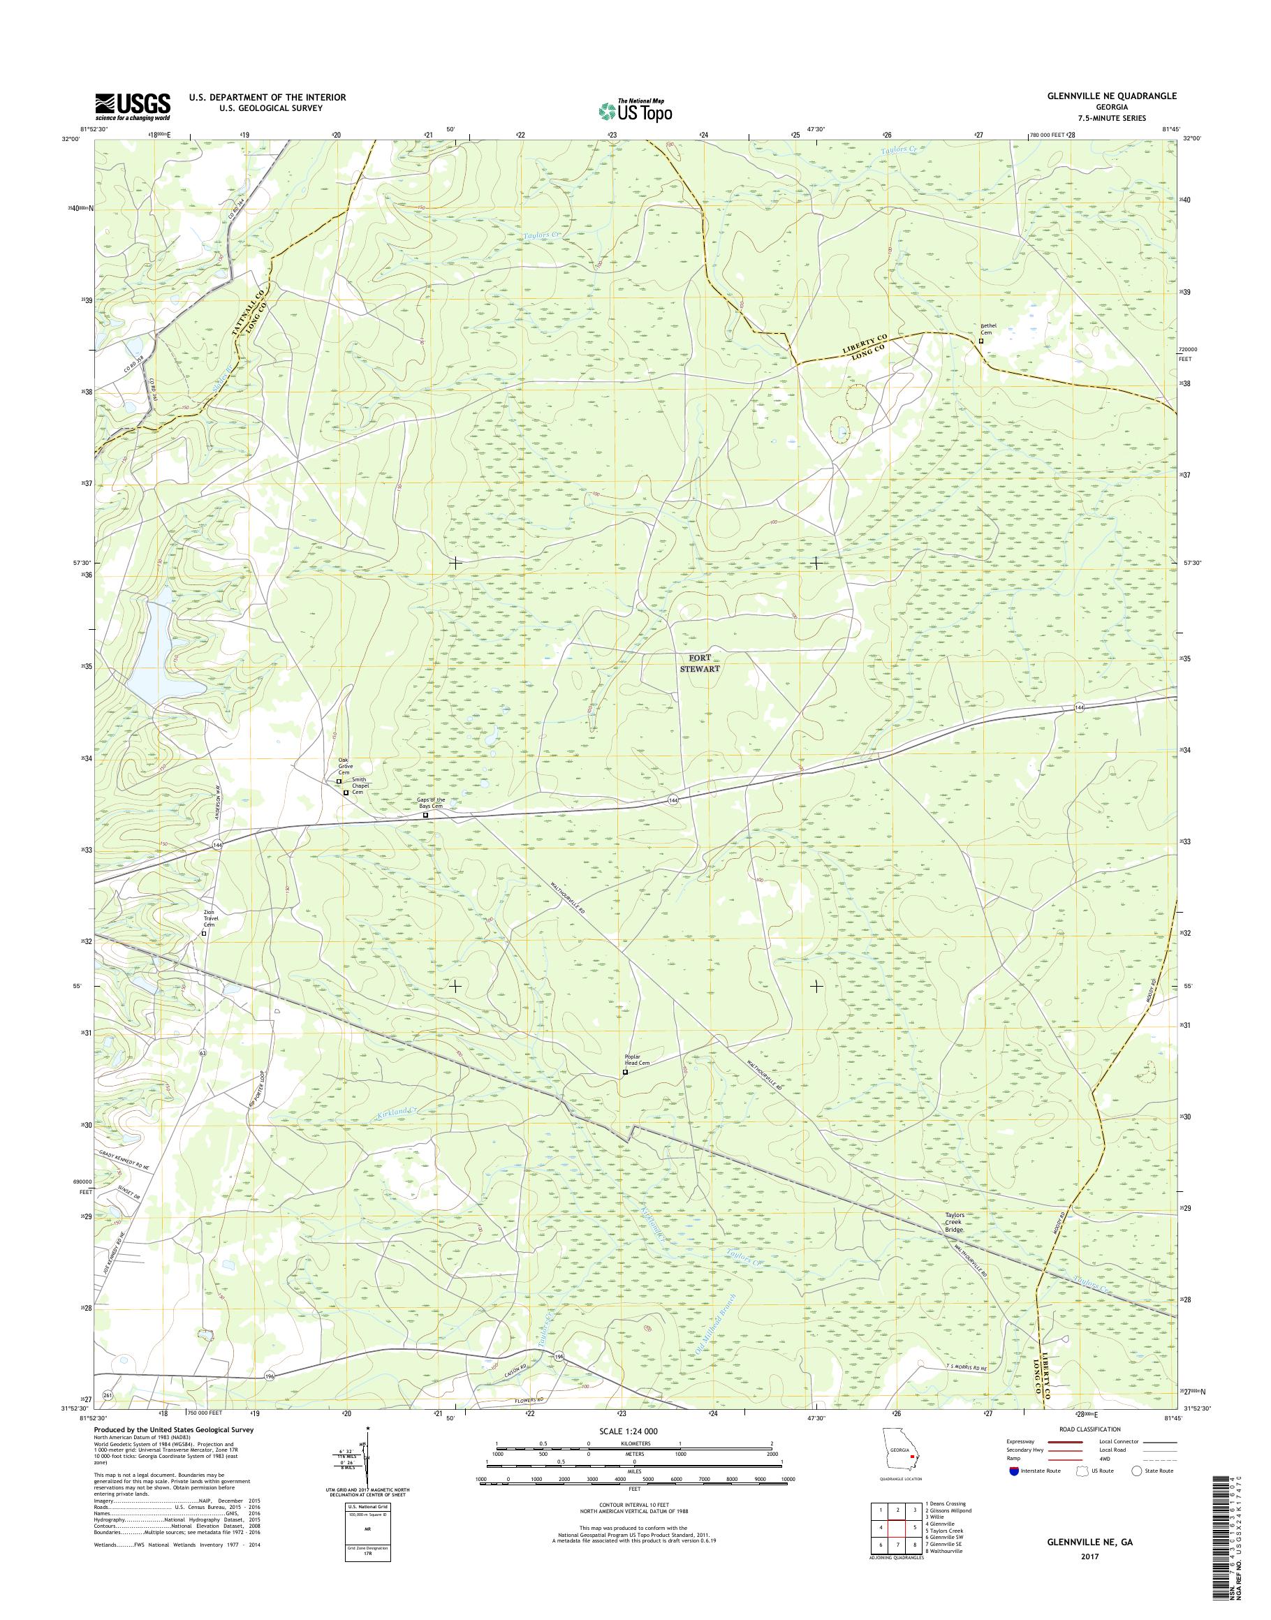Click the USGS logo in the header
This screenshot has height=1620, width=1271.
coord(133,107)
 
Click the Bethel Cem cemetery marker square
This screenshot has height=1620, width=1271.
coord(980,341)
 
